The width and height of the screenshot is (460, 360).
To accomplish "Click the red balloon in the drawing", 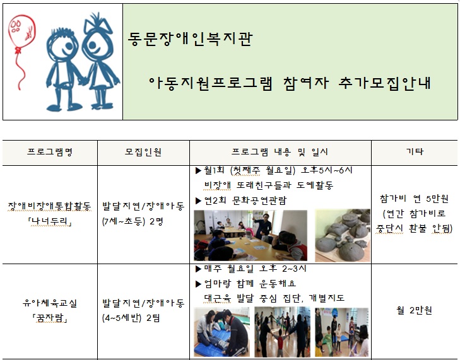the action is [x=21, y=31].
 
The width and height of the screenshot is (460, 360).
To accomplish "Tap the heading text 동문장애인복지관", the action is [x=190, y=38].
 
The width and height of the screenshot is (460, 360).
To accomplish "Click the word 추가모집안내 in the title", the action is [x=384, y=83].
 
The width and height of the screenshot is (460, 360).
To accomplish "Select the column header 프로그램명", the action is [x=50, y=152].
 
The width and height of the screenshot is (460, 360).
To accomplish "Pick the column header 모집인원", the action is [x=143, y=152].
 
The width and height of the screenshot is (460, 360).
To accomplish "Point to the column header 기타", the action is [x=415, y=151].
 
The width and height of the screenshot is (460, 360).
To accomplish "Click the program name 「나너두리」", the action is [x=50, y=222].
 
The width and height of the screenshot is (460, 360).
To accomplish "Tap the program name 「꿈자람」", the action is [x=50, y=318].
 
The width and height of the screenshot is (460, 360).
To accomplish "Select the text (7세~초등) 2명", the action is [x=133, y=221].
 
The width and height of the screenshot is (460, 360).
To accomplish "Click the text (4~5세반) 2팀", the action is [x=131, y=318].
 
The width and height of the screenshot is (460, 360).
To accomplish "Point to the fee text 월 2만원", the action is [x=414, y=310].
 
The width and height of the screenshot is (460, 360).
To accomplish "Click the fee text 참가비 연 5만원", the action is [x=414, y=199].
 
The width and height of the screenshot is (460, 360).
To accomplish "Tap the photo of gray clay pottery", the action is [x=343, y=235].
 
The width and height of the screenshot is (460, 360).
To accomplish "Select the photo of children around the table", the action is [x=251, y=235].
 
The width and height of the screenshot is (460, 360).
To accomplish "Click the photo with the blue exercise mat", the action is [x=221, y=332].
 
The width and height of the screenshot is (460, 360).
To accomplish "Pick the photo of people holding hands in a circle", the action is [x=282, y=332].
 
